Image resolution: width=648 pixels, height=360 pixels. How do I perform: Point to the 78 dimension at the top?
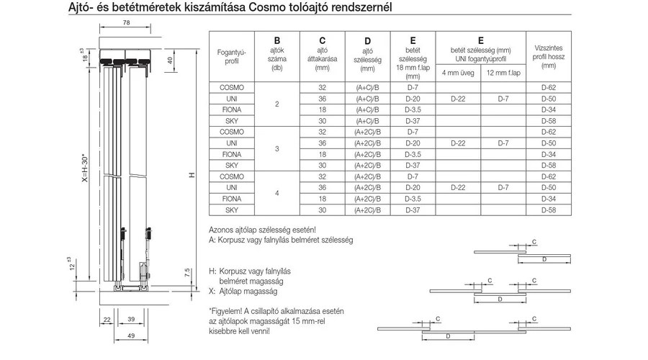point(126,24)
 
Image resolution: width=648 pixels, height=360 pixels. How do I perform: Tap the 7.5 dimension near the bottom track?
point(186,275)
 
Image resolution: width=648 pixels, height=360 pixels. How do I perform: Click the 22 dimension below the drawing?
point(105,318)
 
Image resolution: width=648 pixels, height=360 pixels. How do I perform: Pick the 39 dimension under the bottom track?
point(131,318)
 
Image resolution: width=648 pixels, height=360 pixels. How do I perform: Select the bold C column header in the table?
point(322,41)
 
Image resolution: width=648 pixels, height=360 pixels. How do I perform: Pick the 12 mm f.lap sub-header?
point(504,73)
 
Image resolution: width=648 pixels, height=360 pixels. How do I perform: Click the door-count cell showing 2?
point(277,104)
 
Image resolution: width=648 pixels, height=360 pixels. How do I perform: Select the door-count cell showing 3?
point(277,148)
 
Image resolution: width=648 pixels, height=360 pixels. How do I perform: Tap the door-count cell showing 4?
point(277,192)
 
